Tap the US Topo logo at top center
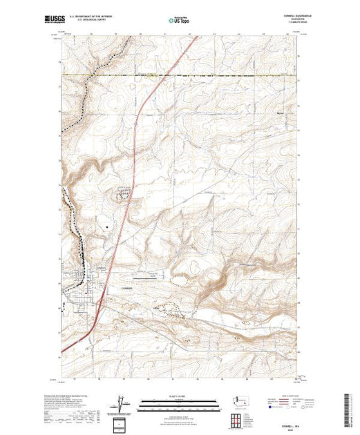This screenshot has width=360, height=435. [x=179, y=21]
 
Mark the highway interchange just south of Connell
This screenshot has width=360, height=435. [x=102, y=300]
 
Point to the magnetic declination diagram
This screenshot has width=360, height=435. [x=122, y=403]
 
